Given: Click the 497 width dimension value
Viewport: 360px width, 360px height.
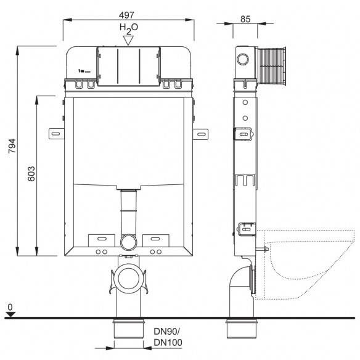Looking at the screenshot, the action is coord(126,15).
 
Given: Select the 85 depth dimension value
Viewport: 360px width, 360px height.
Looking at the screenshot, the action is coord(245,19).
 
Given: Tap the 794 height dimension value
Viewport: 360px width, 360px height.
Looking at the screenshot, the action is coord(12,146).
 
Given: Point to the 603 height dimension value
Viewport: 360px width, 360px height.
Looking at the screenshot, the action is coord(31,174).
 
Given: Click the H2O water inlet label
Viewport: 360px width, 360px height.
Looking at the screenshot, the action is coord(129,28).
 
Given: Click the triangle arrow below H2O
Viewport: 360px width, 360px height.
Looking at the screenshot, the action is coord(128,41).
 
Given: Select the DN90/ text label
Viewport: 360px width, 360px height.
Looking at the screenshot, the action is coord(167,331).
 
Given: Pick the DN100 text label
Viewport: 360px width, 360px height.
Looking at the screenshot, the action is coord(168,342).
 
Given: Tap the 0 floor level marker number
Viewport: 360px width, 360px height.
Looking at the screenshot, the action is coord(10,307).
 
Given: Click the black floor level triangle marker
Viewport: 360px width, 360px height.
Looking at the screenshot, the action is coord(10,314).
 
